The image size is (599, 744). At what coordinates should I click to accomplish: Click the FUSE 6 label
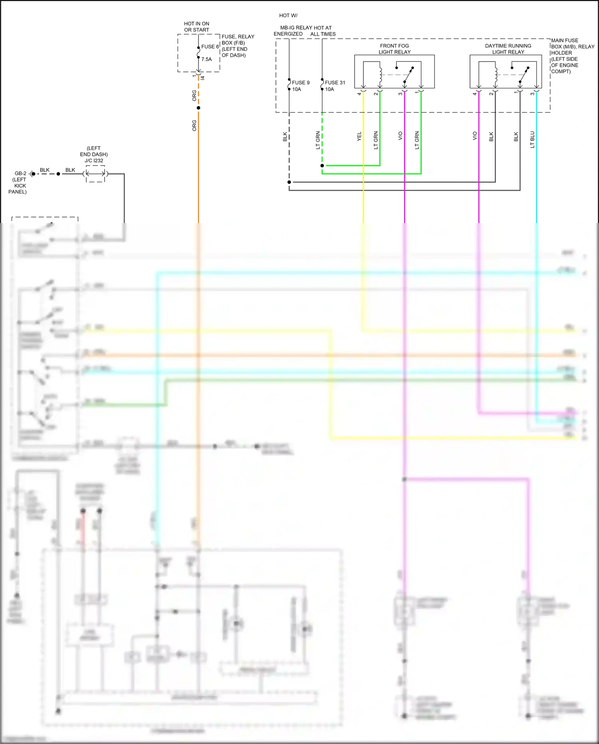(210, 47)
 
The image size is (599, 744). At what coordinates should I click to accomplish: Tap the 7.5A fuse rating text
(206, 59)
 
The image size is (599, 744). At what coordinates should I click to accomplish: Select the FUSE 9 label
(300, 83)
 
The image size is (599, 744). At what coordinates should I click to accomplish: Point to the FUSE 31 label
(335, 83)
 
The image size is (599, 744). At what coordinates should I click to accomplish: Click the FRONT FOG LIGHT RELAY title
(394, 49)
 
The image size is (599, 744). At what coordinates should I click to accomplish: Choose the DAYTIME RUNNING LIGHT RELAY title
(508, 49)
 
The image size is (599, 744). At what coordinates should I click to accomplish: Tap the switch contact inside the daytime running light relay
(524, 74)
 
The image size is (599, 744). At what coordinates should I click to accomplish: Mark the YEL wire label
(359, 136)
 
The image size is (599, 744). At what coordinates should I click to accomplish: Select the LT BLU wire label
(532, 140)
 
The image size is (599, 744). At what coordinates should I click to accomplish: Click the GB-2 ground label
(20, 174)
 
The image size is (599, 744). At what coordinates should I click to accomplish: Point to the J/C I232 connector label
(94, 161)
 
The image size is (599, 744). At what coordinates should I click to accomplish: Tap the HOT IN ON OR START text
(196, 27)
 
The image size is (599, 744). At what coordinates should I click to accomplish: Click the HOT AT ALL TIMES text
(323, 31)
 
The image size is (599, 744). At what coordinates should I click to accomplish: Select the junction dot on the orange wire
(198, 108)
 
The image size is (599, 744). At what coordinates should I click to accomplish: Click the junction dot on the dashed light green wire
(322, 166)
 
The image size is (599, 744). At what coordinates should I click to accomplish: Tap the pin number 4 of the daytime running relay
(474, 94)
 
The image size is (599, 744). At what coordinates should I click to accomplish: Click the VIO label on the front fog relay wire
(400, 136)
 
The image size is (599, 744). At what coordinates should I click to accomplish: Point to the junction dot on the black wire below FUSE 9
(289, 182)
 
